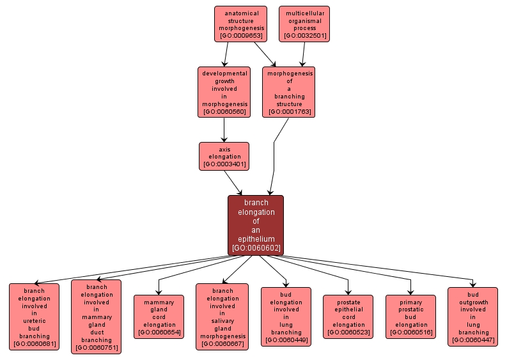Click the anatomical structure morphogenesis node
pos(240,24)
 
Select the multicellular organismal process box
pos(304,24)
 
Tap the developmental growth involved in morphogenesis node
pos(224,92)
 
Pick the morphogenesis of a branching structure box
pos(289,92)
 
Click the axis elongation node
pos(224,156)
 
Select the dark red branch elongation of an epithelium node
pos(256,225)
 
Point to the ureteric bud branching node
pos(34,317)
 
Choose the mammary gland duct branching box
pos(96,317)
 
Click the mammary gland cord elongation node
pos(159,317)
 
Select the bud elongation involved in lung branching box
pos(286,317)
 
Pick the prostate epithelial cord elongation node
pos(348,317)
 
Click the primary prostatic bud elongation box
pos(410,317)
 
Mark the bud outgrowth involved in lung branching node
pos(472,317)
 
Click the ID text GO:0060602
pos(256,248)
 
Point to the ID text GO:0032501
pos(304,36)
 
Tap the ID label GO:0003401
pos(224,164)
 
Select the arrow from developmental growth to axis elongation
pos(224,130)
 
